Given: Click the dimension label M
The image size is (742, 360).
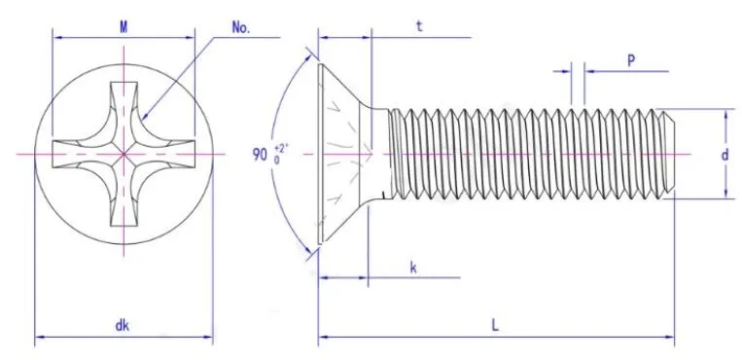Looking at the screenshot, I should pyautogui.click(x=124, y=26).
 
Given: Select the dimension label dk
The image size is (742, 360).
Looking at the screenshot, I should pyautogui.click(x=123, y=327).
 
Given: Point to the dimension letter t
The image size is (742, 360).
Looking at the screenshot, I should pyautogui.click(x=418, y=27).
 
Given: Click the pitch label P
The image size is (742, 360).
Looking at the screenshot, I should pyautogui.click(x=630, y=60).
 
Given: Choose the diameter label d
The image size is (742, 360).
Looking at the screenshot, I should pyautogui.click(x=724, y=155).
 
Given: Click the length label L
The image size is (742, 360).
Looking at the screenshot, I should pyautogui.click(x=495, y=327).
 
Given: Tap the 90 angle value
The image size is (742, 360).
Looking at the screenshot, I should pyautogui.click(x=260, y=155).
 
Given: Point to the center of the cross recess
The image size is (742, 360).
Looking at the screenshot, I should pyautogui.click(x=124, y=154).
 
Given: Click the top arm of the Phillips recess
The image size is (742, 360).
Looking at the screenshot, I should pyautogui.click(x=124, y=102).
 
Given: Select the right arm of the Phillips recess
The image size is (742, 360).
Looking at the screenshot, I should pyautogui.click(x=175, y=154).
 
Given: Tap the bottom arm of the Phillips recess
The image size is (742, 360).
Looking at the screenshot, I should pyautogui.click(x=124, y=205).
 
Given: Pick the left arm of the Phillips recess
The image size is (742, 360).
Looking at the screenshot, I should pyautogui.click(x=72, y=154).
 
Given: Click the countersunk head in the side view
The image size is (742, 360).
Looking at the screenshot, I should pyautogui.click(x=345, y=155).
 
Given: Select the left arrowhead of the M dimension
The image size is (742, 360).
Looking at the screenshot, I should pyautogui.click(x=56, y=39).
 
